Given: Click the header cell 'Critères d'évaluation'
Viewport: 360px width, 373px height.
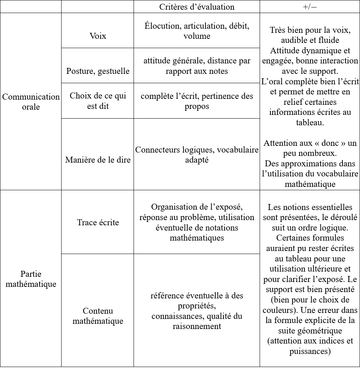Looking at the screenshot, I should (x=197, y=7).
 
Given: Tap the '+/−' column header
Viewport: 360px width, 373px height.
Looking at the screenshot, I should (x=310, y=7).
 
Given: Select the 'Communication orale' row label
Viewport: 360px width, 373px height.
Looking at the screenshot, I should (x=31, y=102).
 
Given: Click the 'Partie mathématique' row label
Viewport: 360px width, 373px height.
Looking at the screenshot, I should (x=31, y=279).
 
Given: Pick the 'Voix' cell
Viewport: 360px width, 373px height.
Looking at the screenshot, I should (x=98, y=36).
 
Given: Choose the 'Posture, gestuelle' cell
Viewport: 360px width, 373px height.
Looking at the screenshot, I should (x=98, y=71).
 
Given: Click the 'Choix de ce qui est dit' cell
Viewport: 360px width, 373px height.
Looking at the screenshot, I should (x=98, y=101).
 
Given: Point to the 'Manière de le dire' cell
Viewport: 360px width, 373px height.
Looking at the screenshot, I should (x=98, y=160).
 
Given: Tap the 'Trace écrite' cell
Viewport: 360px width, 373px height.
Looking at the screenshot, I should (x=98, y=223).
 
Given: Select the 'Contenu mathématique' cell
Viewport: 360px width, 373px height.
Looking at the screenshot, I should (x=98, y=316).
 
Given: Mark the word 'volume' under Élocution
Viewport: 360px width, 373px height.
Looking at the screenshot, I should (x=197, y=36).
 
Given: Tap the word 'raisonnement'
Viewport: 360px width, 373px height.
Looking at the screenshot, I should (x=197, y=326).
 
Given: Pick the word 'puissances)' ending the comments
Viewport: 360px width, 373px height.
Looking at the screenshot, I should (x=310, y=351).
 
